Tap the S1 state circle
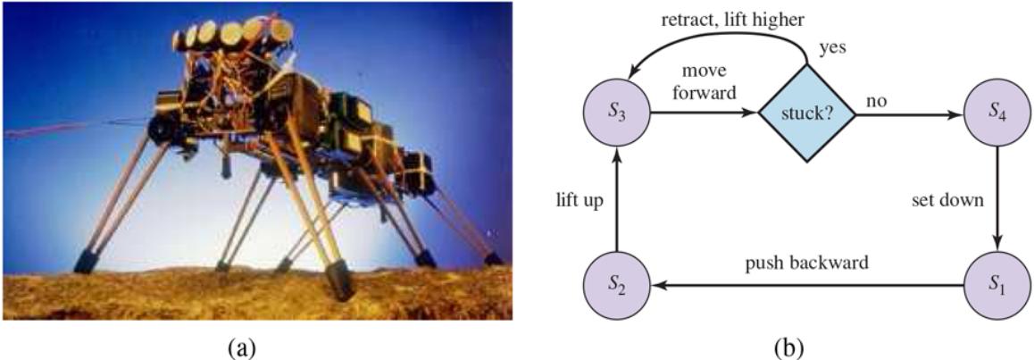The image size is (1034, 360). coord(997,287)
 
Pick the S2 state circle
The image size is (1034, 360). coord(617,287)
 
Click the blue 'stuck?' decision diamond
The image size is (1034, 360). coord(806,113)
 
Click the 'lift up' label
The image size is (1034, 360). coord(579,202)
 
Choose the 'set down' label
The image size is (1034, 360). coord(949,202)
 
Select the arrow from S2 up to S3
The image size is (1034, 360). coord(617,200)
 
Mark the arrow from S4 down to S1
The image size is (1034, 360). coord(997,200)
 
